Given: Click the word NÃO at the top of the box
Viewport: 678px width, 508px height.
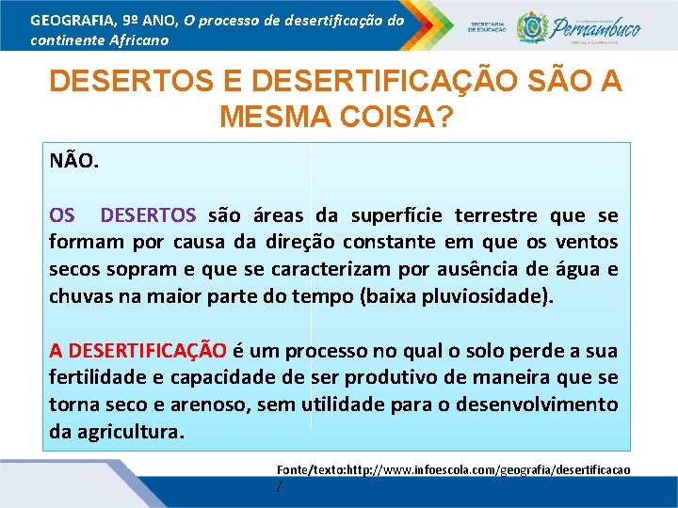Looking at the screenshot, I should click(x=73, y=161).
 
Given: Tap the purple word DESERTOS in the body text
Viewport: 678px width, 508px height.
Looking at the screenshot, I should click(x=148, y=215).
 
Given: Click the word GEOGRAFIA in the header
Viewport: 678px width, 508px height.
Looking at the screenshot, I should click(x=68, y=20).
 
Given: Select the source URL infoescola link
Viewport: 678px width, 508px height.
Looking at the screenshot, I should click(x=452, y=468).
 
